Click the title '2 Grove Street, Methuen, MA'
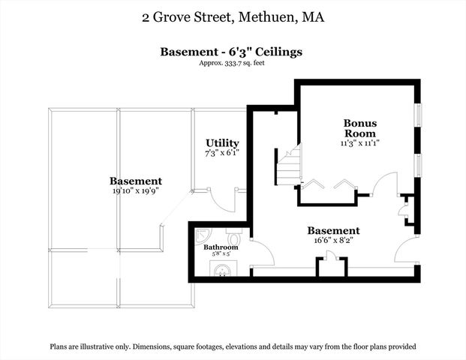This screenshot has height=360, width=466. [233, 16]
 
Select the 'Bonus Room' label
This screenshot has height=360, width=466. [360, 127]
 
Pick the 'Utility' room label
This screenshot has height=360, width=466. [222, 142]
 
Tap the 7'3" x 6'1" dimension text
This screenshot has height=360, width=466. [222, 153]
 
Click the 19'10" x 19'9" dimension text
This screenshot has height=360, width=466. [135, 191]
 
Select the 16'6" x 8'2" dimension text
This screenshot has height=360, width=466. [333, 241]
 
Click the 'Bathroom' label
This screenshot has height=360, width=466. [221, 247]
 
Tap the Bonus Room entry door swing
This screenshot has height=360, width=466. [385, 184]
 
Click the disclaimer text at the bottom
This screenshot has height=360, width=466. [233, 346]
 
